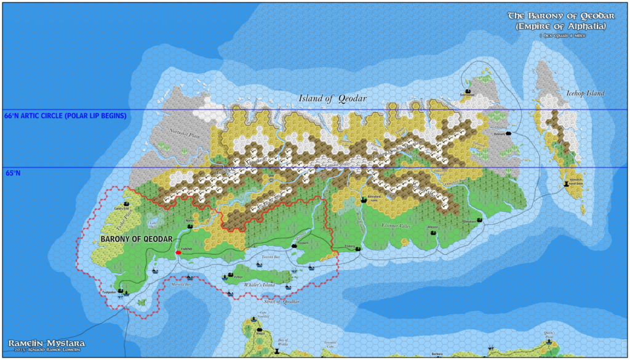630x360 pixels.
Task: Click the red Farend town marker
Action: tap(178, 252)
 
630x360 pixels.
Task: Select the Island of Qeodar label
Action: tap(333, 98)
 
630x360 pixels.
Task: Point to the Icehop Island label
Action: tap(585, 94)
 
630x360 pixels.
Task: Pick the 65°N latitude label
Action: tap(13, 173)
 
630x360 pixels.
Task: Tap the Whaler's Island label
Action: tap(258, 284)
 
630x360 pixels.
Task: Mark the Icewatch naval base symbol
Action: tap(565, 183)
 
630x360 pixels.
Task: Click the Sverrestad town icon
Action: tap(468, 91)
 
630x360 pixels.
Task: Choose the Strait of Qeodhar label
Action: tap(277, 302)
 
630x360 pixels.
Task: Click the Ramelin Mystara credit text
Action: tap(46, 343)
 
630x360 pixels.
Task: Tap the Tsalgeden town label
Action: tap(110, 292)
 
